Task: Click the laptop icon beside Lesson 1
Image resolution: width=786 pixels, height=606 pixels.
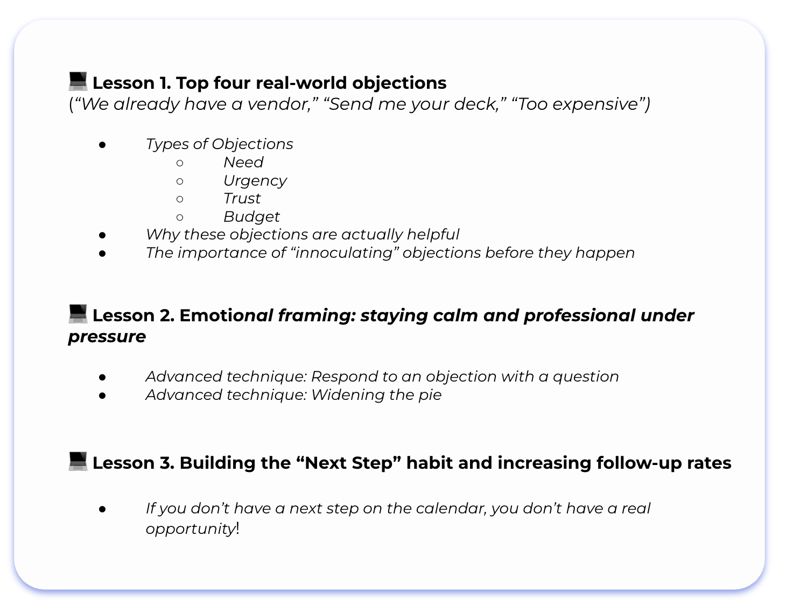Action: pos(78,81)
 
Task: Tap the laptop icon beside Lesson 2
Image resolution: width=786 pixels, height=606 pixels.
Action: pos(78,314)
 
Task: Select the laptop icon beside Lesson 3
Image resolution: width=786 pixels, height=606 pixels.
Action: pos(78,461)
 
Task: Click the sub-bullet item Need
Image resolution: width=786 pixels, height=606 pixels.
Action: pos(243,163)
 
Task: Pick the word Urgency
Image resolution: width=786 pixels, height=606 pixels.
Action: pos(255,181)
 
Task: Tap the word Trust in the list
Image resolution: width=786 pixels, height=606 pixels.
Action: pos(242,199)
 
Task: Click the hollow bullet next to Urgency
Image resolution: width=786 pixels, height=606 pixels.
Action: pos(180,181)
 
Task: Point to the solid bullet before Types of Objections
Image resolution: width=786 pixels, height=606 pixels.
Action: pos(102,145)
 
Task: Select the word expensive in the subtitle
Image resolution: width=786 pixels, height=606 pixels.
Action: pos(595,104)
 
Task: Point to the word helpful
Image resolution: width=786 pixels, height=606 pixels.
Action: pos(433,235)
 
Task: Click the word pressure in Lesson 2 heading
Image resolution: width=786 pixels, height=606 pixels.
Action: pos(107,337)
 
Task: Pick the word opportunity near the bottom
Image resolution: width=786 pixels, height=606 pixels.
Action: pos(191,530)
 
